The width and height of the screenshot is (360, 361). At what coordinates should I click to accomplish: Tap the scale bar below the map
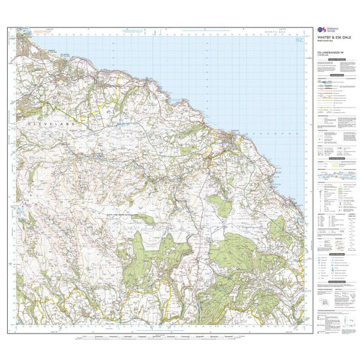[x=157, y=337]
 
